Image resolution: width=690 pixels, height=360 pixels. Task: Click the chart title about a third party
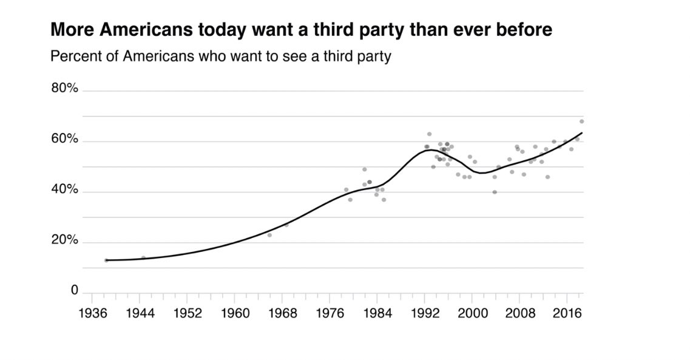(301, 30)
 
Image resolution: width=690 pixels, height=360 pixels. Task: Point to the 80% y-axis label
(64, 89)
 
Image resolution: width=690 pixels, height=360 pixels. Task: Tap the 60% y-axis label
(64, 140)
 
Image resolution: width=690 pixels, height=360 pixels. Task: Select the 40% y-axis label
(64, 190)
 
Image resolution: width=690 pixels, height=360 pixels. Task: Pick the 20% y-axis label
(64, 240)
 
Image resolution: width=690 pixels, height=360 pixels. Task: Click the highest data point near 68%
(581, 121)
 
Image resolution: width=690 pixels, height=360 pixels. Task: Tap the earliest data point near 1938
(106, 260)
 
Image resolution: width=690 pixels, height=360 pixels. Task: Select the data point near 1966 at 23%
(269, 235)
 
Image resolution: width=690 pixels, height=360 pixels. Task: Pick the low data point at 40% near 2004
(495, 192)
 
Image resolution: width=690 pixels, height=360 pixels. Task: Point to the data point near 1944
(143, 257)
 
